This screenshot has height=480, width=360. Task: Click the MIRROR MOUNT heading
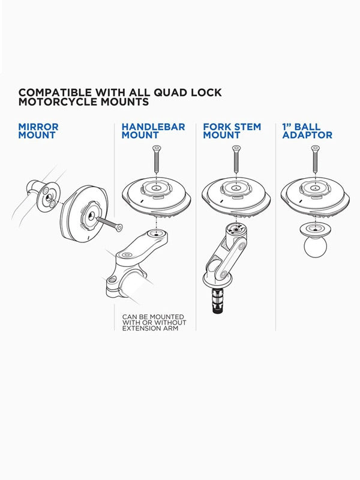coord(38,131)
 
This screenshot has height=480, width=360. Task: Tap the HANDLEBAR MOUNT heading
coord(153,131)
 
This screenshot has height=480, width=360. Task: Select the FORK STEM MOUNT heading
coord(232,131)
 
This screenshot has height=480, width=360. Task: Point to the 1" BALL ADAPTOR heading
coord(307,131)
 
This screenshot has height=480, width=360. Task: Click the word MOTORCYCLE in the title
coord(53,101)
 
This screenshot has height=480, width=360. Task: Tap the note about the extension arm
coord(154,323)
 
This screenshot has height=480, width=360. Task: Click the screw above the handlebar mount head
coord(157,159)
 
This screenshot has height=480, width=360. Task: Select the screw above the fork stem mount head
coord(236,159)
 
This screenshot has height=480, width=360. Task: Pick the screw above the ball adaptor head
coord(316,159)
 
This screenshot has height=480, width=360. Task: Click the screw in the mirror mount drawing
coord(110,224)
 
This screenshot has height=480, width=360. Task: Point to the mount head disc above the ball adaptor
coord(315,197)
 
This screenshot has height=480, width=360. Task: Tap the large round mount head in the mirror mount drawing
coord(83,214)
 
